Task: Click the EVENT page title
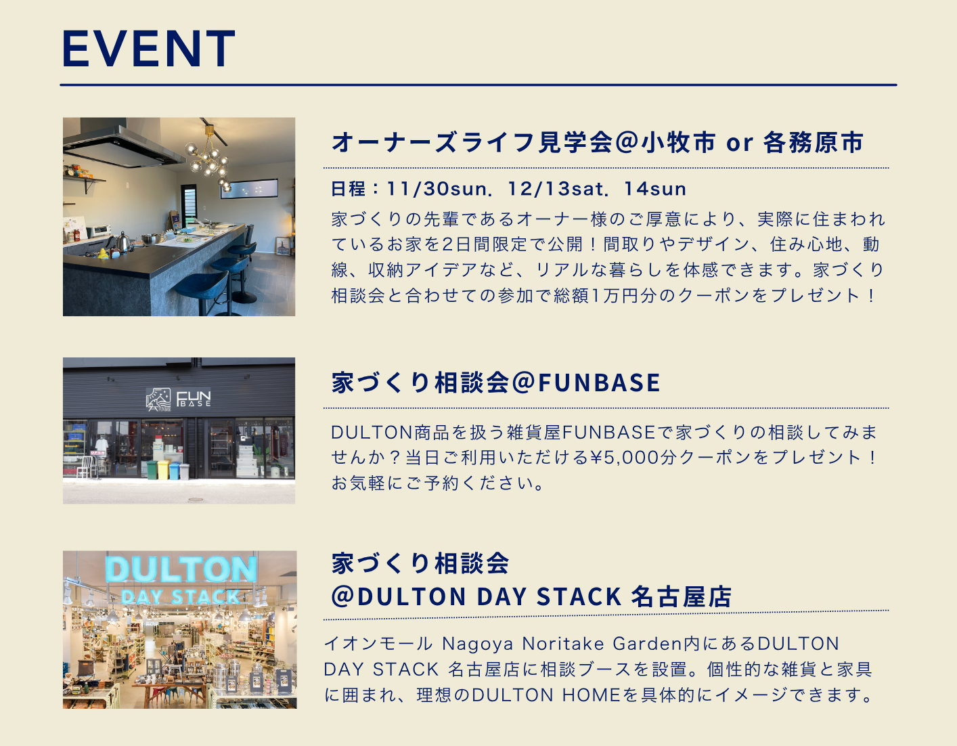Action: (x=148, y=49)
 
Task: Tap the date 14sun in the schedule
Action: (x=654, y=189)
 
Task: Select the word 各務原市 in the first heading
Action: (x=813, y=143)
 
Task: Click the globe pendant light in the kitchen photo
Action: (x=210, y=160)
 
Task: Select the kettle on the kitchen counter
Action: (x=123, y=242)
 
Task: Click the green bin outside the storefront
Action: (x=152, y=469)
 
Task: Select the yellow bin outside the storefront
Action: (x=164, y=469)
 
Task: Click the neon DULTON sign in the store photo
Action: (x=181, y=570)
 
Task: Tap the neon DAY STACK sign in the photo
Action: (x=181, y=596)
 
